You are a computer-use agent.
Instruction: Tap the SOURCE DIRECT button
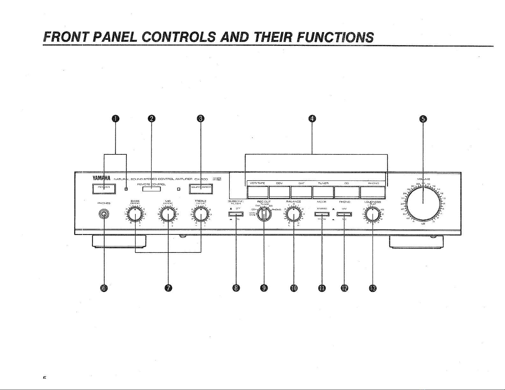point(201,189)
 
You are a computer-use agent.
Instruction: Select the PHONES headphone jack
point(104,215)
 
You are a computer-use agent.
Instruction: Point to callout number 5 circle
point(423,119)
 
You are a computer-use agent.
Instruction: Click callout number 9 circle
point(264,288)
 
